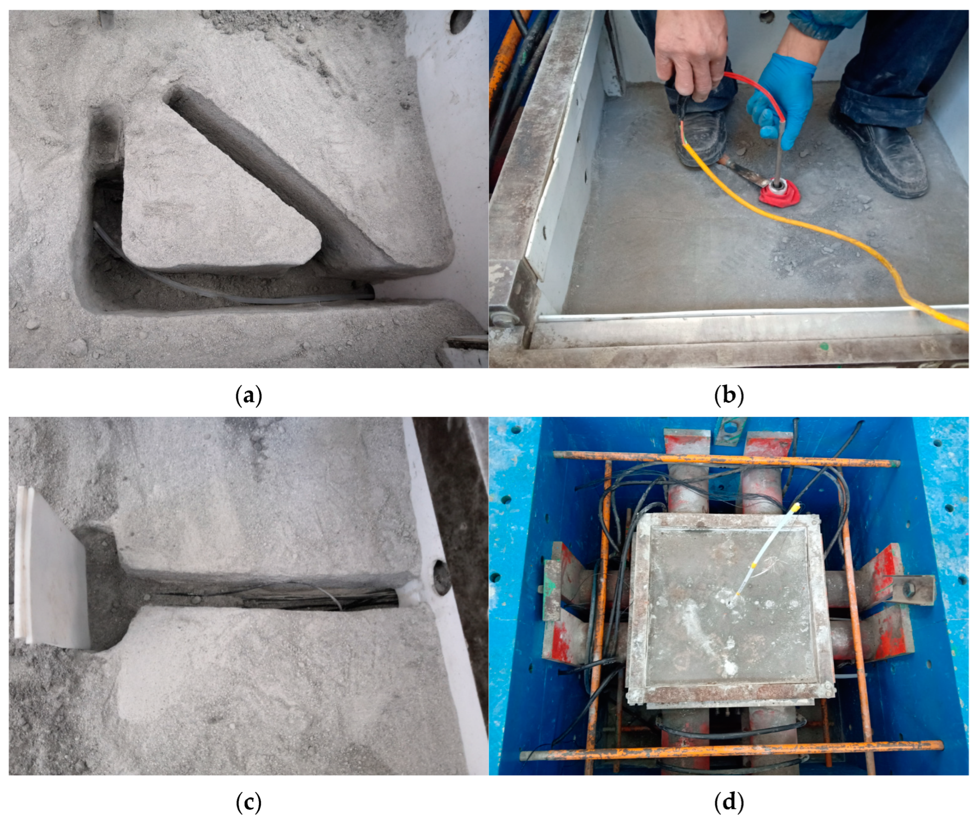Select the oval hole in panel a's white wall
tap(461, 21)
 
